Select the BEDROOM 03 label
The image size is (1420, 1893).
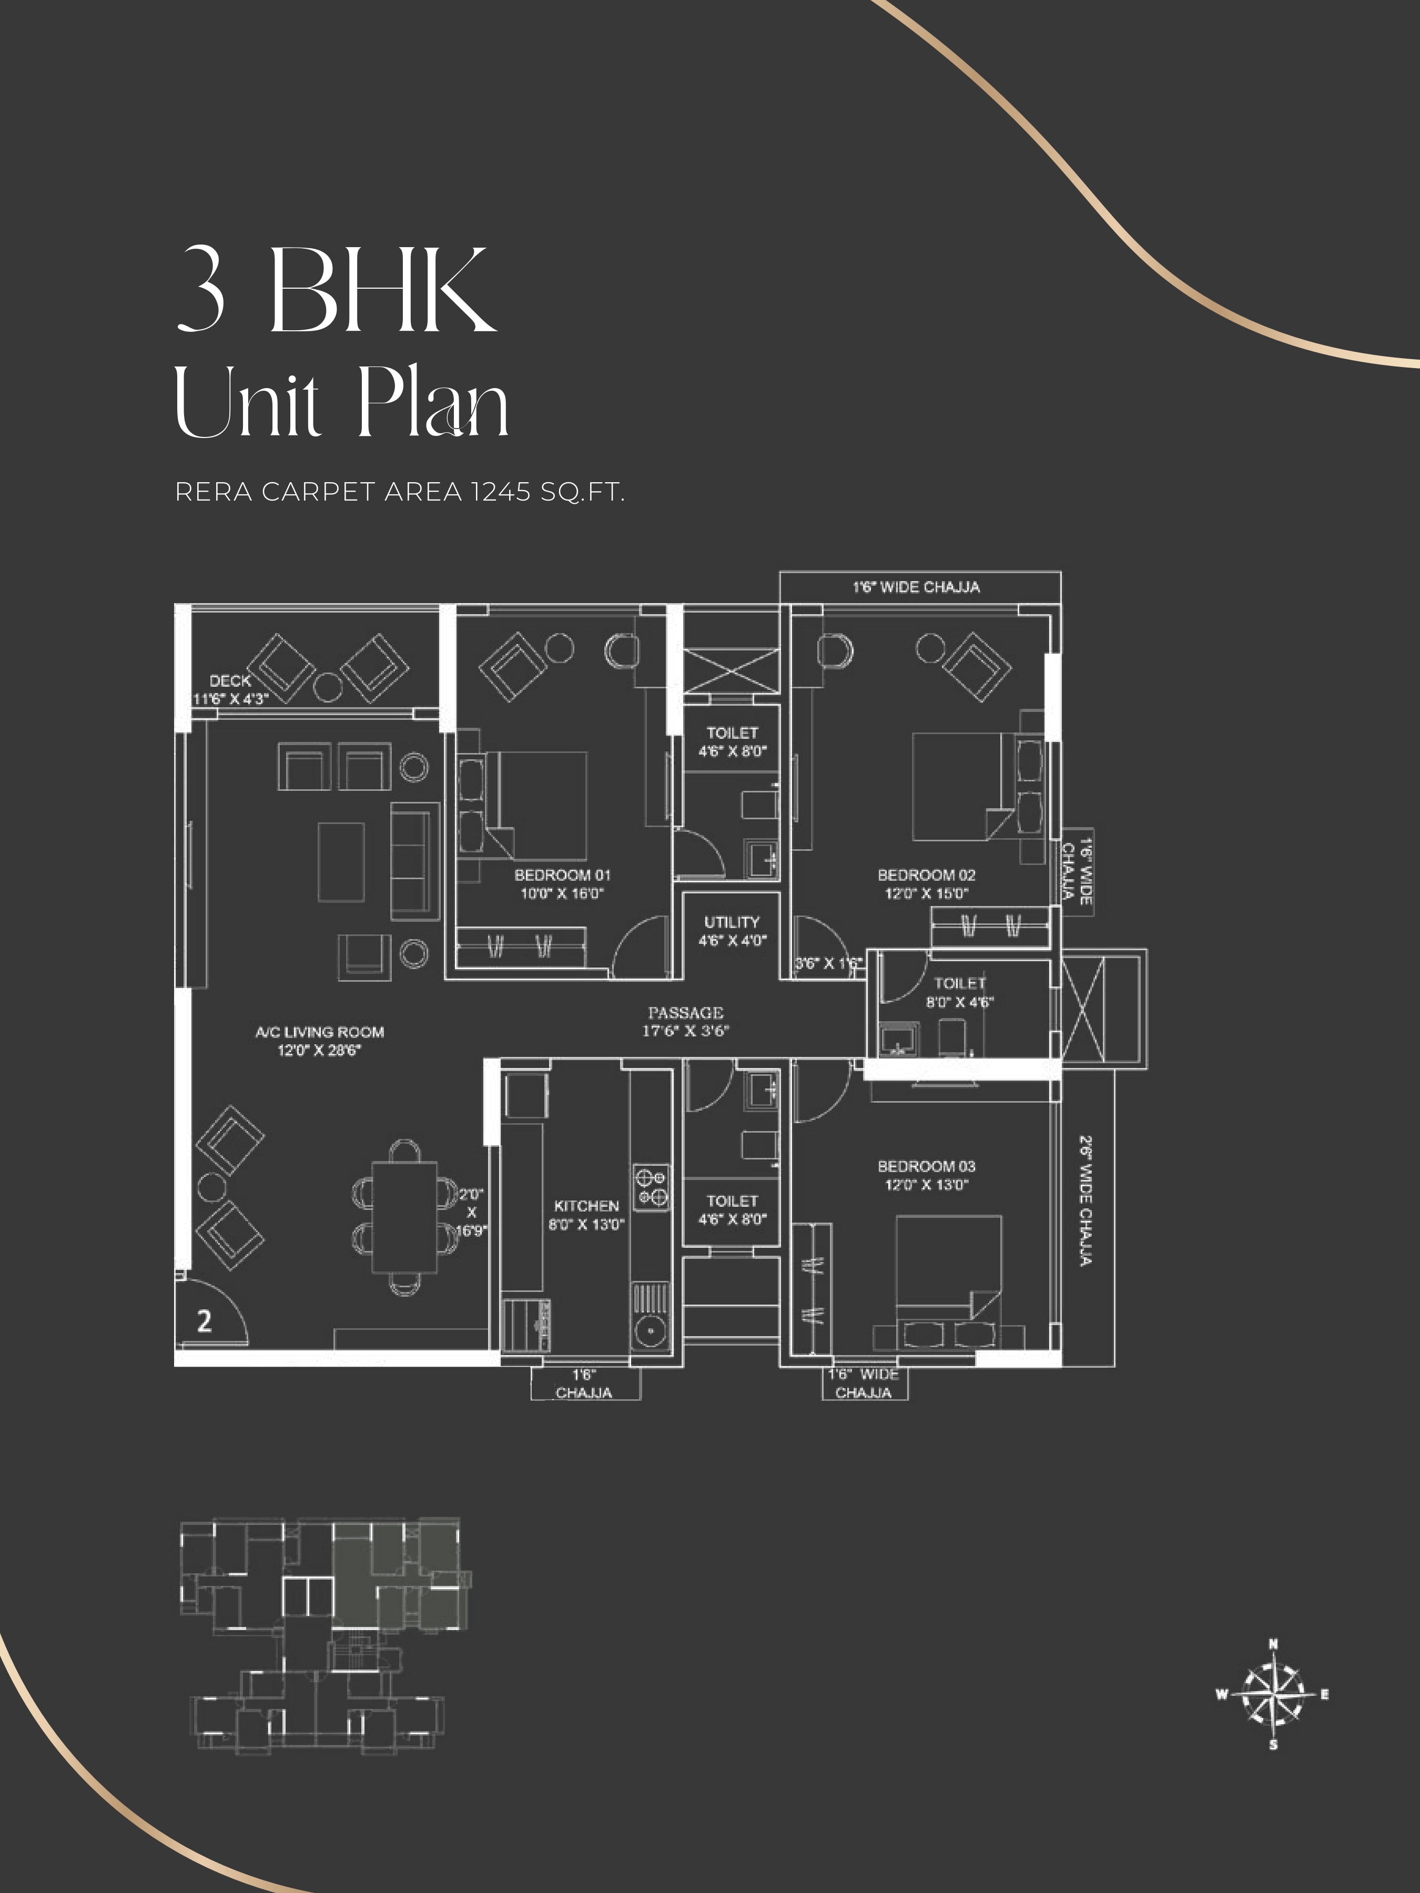click(926, 1166)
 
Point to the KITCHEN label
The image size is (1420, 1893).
click(586, 1206)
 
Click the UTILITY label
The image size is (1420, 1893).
click(732, 922)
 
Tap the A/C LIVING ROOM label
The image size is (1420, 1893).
click(319, 1032)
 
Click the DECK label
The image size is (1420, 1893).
click(230, 680)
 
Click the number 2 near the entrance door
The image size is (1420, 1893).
click(204, 1321)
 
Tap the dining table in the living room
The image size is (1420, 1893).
click(404, 1217)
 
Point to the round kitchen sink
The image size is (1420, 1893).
click(651, 1331)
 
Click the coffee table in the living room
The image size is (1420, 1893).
click(341, 862)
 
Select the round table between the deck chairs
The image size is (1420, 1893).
click(327, 686)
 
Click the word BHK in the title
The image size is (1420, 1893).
click(382, 290)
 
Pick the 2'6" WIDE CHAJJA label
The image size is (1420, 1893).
click(1086, 1202)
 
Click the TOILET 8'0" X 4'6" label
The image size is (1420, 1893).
click(959, 993)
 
